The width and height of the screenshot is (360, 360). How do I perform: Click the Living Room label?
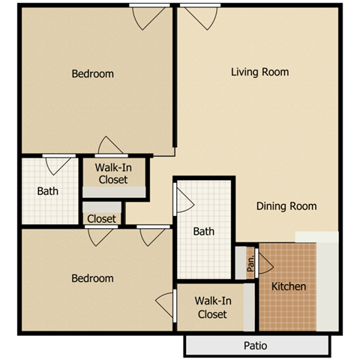tap(259, 72)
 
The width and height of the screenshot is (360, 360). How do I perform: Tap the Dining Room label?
tap(286, 206)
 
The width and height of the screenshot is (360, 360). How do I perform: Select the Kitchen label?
tap(289, 286)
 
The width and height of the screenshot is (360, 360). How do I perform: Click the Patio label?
tap(255, 346)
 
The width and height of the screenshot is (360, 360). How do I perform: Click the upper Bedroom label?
tap(92, 73)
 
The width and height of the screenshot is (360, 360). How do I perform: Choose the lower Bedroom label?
tap(92, 278)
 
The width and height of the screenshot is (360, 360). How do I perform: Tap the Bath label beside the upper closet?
tap(48, 190)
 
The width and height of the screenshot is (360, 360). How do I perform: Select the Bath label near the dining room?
tap(203, 232)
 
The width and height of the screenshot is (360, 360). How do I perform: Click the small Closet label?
tap(102, 219)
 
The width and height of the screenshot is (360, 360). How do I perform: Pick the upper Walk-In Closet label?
tap(112, 174)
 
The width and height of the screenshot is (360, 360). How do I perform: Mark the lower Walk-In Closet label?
tap(211, 307)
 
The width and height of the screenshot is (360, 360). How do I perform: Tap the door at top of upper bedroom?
tap(146, 16)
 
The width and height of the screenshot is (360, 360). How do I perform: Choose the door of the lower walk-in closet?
tap(166, 304)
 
